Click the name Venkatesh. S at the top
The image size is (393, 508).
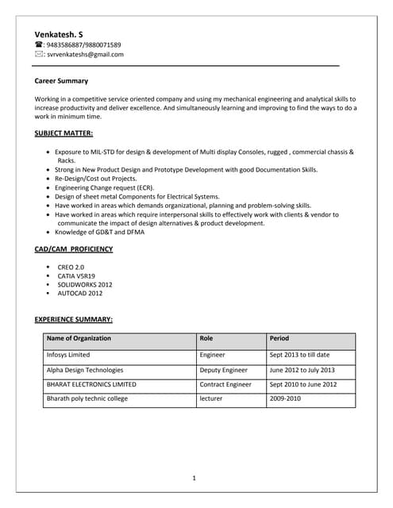(59, 34)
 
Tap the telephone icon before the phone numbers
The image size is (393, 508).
(39, 45)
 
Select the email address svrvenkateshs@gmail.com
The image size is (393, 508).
(85, 55)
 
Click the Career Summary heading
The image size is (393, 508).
(61, 81)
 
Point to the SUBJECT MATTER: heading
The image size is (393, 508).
(64, 133)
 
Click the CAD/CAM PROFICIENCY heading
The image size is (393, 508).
(74, 249)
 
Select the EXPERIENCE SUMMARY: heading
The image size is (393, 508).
(73, 319)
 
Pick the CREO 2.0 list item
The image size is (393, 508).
(71, 267)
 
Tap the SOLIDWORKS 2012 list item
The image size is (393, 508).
(84, 284)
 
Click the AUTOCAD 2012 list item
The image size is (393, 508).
(79, 293)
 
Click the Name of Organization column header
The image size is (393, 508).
(79, 339)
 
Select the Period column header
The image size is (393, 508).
(279, 339)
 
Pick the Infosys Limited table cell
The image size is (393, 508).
(68, 355)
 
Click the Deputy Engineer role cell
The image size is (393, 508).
(223, 370)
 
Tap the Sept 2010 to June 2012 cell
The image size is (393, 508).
(302, 384)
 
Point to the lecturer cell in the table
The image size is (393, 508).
(211, 398)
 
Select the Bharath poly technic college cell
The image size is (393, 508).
(87, 398)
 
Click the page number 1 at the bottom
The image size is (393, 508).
(195, 478)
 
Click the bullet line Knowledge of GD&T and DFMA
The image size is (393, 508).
(99, 233)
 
